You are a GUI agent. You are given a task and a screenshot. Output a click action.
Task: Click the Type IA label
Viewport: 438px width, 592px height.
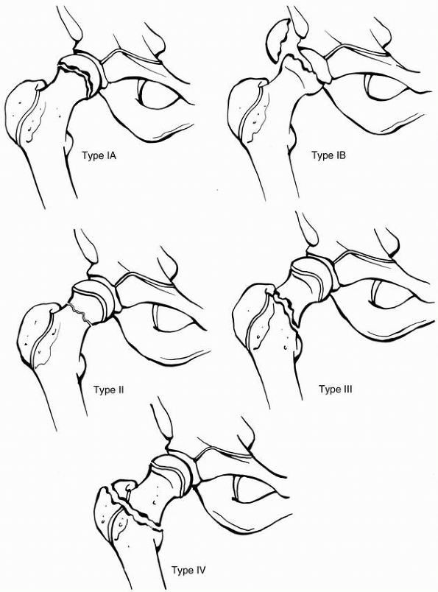pyautogui.click(x=99, y=155)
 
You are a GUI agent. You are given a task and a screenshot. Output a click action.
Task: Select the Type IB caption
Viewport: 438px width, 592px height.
pyautogui.click(x=328, y=155)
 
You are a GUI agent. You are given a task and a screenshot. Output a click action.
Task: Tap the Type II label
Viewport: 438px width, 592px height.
pyautogui.click(x=109, y=390)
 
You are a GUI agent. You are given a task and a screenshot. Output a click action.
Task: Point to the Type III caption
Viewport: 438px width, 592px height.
pyautogui.click(x=336, y=389)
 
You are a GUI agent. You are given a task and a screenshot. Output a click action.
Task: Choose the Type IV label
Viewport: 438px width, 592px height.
pyautogui.click(x=188, y=570)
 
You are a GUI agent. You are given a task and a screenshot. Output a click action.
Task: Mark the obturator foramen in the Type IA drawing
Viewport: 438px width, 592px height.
pyautogui.click(x=158, y=94)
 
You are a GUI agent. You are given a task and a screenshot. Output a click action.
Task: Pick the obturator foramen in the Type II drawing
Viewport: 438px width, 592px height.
pyautogui.click(x=174, y=318)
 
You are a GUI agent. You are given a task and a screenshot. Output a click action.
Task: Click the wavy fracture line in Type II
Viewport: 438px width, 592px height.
pyautogui.click(x=80, y=313)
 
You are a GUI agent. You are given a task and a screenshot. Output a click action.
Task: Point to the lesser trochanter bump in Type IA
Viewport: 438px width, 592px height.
pyautogui.click(x=69, y=141)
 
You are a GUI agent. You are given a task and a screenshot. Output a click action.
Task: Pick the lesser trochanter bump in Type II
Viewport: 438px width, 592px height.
pyautogui.click(x=82, y=366)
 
